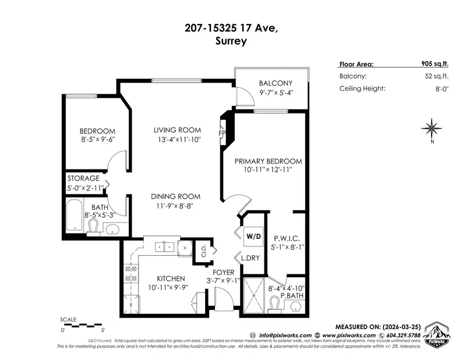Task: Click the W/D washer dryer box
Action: click(253, 237)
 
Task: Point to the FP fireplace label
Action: click(222, 133)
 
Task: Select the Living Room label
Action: click(177, 130)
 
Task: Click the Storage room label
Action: click(83, 178)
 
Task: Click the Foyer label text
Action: click(223, 272)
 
